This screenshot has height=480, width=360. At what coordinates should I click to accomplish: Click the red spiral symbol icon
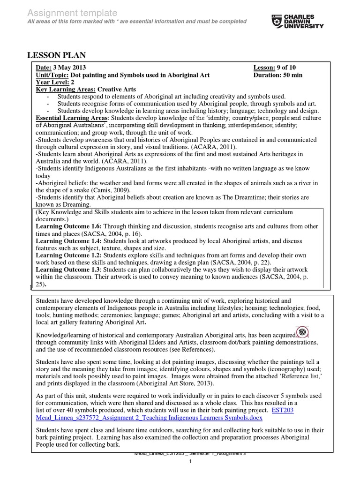coord(303,332)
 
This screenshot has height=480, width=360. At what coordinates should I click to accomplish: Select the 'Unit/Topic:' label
coord(52,75)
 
